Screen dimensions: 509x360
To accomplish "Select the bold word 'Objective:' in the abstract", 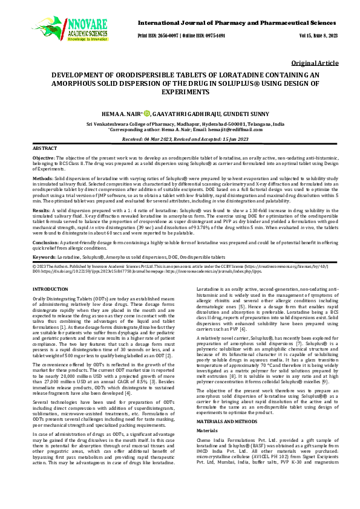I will pyautogui.click(x=44, y=157).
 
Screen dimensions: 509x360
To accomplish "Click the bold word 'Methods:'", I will pyautogui.click(x=42, y=180).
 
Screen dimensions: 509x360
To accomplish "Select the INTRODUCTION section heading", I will pyautogui.click(x=50, y=290).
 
